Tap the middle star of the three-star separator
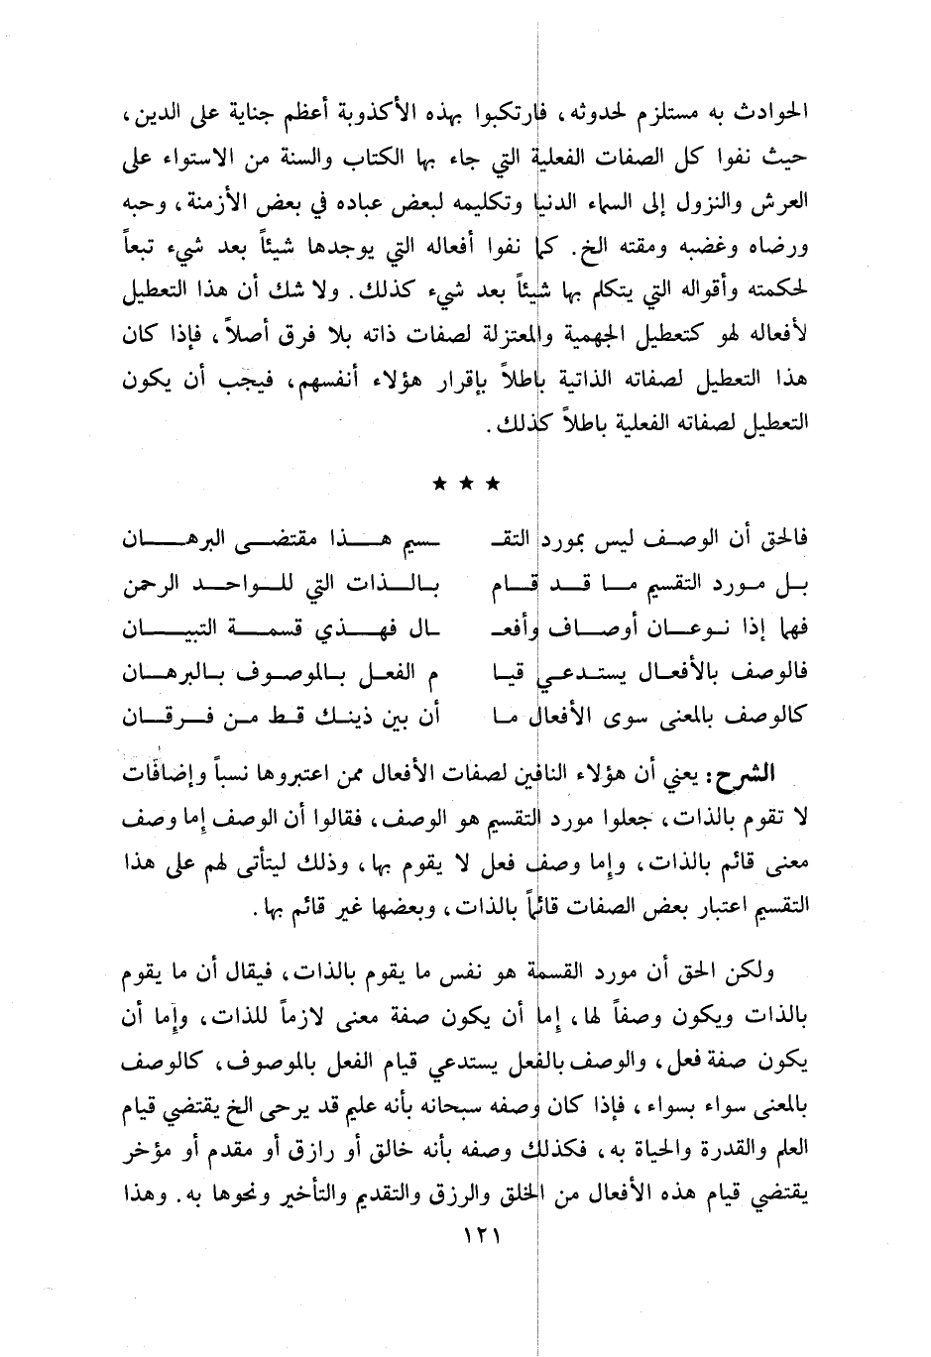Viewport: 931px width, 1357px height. pos(466,485)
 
